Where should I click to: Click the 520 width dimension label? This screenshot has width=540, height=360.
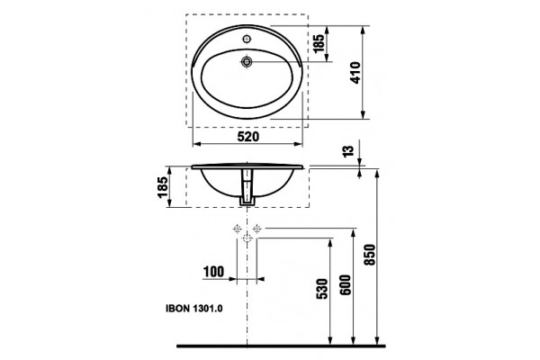pos(248,137)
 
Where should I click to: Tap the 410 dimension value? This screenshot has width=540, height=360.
pos(355,72)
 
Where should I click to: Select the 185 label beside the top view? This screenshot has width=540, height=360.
pos(319,43)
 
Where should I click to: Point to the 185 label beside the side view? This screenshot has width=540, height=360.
pos(163,187)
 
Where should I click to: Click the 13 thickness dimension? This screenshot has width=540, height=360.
pos(348,151)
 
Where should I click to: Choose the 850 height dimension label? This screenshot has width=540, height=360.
pos(369,255)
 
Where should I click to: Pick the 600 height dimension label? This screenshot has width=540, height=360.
pos(345,284)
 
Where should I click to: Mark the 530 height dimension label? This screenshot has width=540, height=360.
pos(321,289)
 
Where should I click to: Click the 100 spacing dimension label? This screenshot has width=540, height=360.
pos(213,272)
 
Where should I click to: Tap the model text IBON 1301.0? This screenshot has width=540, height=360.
pos(193,309)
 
